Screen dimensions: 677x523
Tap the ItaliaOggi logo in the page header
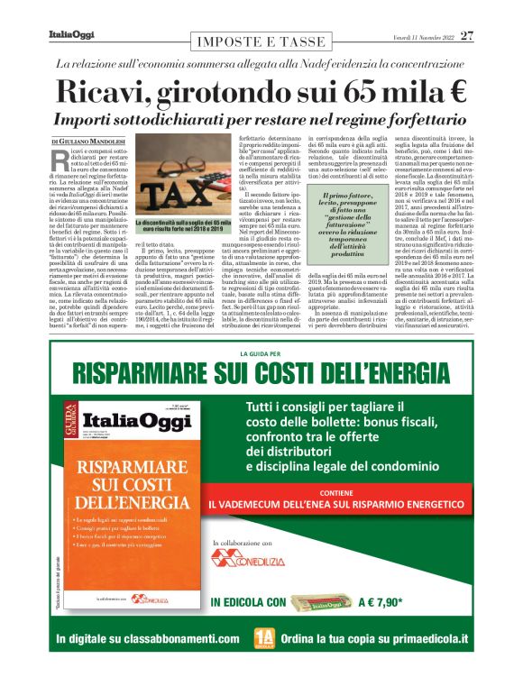[69, 36]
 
